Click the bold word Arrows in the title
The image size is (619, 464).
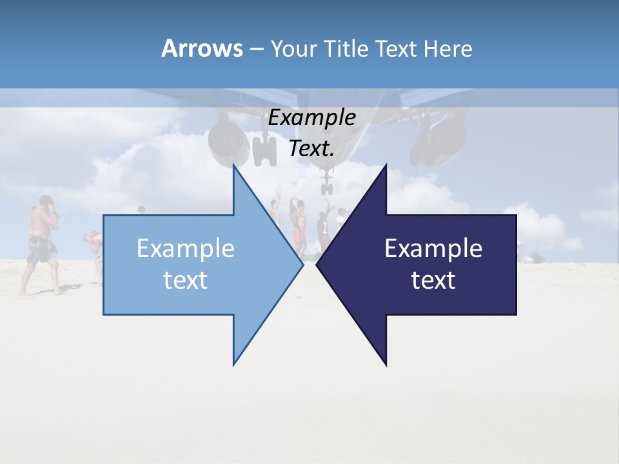(x=202, y=48)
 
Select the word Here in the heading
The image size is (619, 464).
(x=447, y=48)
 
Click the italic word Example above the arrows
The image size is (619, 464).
(x=312, y=118)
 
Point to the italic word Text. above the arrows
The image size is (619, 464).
(x=312, y=148)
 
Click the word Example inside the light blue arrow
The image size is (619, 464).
(x=186, y=249)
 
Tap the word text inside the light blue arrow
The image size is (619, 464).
(x=186, y=280)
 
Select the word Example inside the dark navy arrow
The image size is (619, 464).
(x=433, y=249)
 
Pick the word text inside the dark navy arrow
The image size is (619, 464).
(x=433, y=280)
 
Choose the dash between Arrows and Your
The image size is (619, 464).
(x=255, y=49)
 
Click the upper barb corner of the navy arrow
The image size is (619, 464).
(x=386, y=165)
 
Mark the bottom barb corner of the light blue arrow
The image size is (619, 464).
(x=233, y=365)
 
